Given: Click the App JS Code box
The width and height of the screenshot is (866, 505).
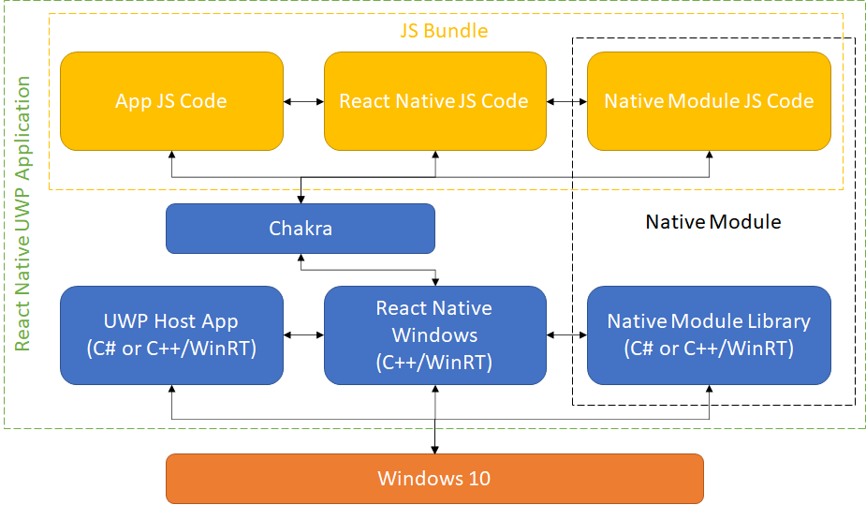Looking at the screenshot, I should coord(171,101).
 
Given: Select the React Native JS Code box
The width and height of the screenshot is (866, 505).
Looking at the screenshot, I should coord(434,101).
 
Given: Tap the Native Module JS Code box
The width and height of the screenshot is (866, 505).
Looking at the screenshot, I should coord(709,101).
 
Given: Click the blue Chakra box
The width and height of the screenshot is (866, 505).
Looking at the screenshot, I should coord(301,229).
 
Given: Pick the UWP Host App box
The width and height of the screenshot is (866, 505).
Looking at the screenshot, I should coord(171,334).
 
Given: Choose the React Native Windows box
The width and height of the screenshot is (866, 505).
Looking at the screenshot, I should coord(434,334).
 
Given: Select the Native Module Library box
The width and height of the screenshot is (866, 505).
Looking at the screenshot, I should coord(709,334).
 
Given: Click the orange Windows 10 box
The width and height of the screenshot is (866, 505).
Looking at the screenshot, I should coord(434,479).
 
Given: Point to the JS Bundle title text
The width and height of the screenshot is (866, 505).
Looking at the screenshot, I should coord(445,31).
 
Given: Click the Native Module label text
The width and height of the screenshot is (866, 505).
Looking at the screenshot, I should coord(712,222).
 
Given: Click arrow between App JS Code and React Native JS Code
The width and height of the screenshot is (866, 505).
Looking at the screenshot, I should coord(303,101).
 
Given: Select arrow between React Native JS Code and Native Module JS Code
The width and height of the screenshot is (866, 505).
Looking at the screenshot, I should coord(566,101).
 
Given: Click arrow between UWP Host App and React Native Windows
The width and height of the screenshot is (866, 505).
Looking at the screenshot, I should coord(303,334).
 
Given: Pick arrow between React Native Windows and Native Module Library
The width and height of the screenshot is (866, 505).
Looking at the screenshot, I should coord(566,334).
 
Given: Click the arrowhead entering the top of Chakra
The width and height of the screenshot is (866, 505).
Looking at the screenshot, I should coord(301,199).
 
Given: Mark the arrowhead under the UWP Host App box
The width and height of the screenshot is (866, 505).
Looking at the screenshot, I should coord(171,389).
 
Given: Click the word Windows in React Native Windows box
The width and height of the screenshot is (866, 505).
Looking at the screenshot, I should coord(434,335).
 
